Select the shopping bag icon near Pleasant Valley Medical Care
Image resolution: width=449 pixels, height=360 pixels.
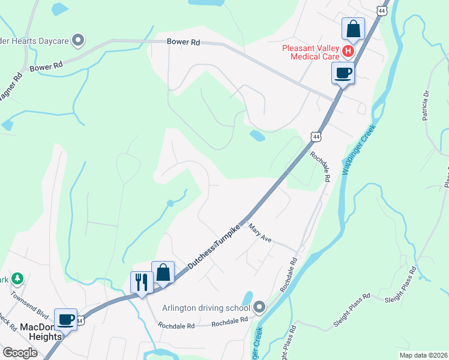[x=353, y=29]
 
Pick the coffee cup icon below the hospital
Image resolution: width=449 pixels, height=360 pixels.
[x=342, y=73]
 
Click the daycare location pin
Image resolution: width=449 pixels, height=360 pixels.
[x=77, y=40]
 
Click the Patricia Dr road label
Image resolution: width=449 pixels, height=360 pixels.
[x=427, y=106]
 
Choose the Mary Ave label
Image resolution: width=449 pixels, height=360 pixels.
[x=260, y=234]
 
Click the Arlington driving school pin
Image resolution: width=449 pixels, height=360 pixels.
[x=259, y=308]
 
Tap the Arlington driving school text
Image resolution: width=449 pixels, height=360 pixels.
[x=206, y=308]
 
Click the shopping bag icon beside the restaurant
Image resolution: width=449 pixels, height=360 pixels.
[x=163, y=273]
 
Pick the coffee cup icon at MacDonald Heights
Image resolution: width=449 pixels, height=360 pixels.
[x=65, y=319]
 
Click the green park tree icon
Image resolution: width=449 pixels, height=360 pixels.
[x=18, y=278]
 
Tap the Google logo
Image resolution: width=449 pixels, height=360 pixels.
[x=20, y=353]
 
